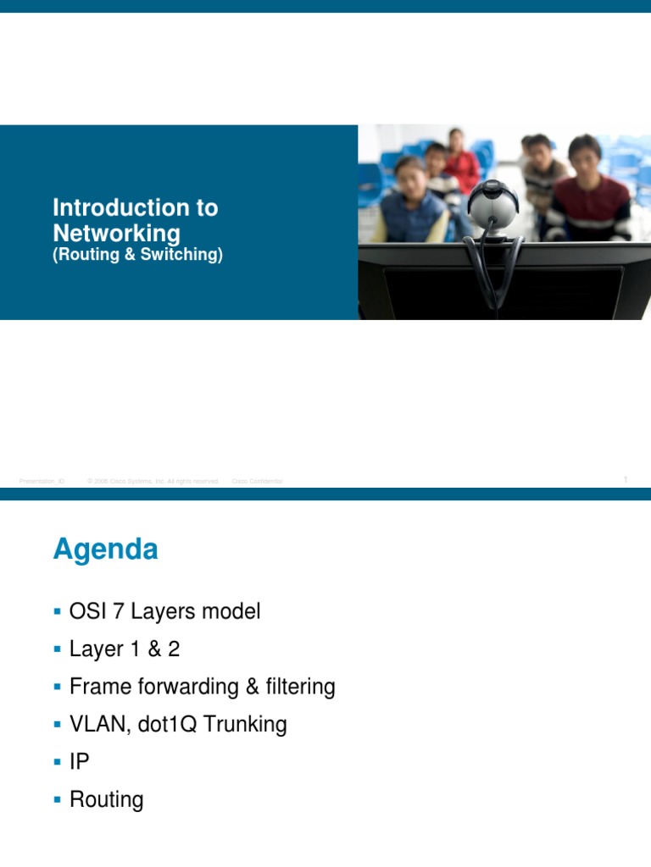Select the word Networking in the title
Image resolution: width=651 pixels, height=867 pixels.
[116, 233]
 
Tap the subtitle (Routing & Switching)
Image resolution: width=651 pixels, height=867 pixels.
[137, 254]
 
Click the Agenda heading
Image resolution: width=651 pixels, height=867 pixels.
[105, 550]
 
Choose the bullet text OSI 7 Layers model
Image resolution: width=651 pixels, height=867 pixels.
[164, 611]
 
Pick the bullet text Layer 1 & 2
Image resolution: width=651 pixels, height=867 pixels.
[125, 649]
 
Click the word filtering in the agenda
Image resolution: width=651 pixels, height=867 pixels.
[301, 687]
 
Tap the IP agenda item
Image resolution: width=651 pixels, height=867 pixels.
[79, 762]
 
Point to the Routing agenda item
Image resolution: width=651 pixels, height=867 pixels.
[106, 800]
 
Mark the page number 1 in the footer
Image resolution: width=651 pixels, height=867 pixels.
[625, 480]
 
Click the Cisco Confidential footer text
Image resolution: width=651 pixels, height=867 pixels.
[258, 481]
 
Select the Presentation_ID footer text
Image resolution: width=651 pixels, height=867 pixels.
[42, 481]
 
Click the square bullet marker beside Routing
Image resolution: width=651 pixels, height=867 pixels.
[57, 799]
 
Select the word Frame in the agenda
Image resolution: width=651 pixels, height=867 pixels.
[95, 687]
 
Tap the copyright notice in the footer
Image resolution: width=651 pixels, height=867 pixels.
[153, 481]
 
